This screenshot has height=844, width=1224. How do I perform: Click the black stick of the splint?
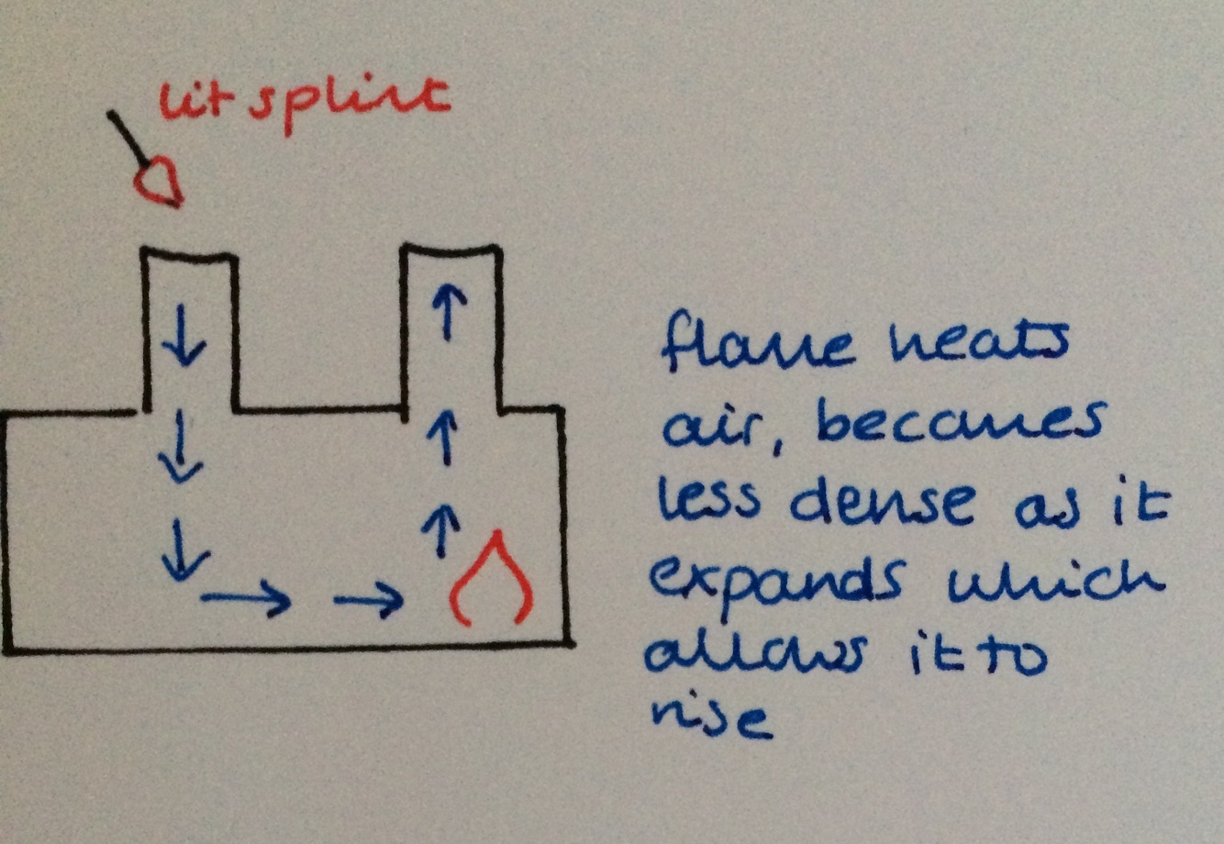[124, 136]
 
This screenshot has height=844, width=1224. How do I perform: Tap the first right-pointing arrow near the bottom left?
[246, 601]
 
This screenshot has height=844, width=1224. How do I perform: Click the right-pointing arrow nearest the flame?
[368, 601]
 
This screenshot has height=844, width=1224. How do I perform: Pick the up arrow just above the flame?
[444, 530]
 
